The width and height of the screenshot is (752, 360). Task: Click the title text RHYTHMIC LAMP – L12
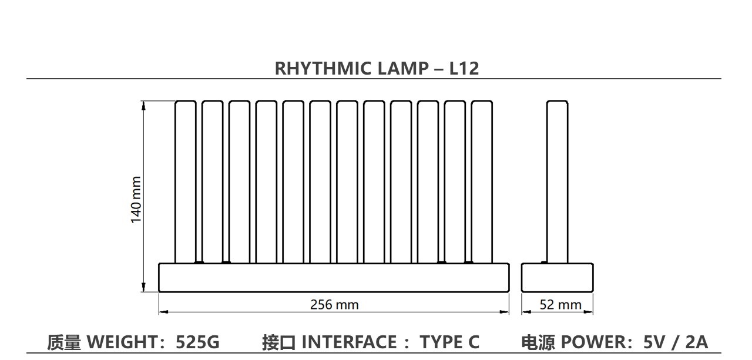[x=377, y=68]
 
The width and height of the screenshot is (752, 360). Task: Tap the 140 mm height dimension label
[x=136, y=200]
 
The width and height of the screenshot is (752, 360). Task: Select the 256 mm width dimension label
[x=334, y=305]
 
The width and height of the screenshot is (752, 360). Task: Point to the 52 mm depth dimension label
[x=560, y=305]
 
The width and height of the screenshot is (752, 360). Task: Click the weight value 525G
[x=197, y=342]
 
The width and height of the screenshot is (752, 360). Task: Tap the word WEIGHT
[x=122, y=342]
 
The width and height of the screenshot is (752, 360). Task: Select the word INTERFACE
[x=349, y=342]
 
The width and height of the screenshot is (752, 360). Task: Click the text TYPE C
[x=449, y=342]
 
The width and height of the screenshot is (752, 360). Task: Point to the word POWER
[x=594, y=342]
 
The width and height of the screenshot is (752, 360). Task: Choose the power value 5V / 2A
[x=676, y=342]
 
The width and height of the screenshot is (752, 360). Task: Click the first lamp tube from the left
[x=185, y=181]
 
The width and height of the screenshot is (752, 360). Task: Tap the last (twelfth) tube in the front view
[x=482, y=181]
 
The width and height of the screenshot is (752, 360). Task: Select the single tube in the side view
[x=558, y=181]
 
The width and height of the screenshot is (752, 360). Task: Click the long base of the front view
[x=334, y=277]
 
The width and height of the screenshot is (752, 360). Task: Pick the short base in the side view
[x=558, y=277]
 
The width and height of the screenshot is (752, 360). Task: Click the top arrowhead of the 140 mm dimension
[x=144, y=105]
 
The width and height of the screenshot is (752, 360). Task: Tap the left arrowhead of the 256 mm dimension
[x=163, y=312]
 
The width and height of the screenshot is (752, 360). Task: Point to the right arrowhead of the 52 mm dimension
[x=588, y=312]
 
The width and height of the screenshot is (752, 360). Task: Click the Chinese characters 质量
[x=64, y=342]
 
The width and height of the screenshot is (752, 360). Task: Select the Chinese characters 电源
[x=538, y=342]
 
